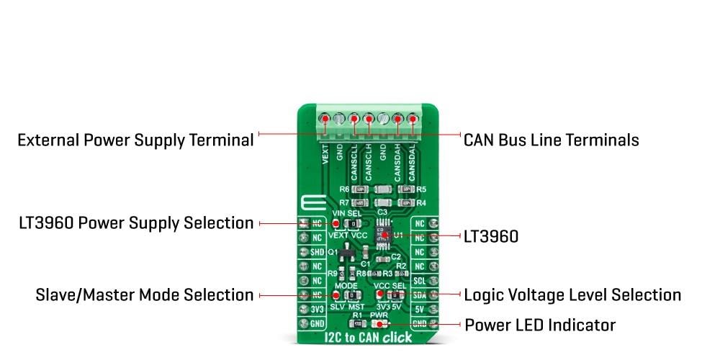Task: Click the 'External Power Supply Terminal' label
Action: coord(135,140)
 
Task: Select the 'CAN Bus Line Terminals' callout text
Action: coord(551,140)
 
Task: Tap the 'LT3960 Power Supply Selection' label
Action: coord(136,223)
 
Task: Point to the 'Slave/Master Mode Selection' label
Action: coord(145,295)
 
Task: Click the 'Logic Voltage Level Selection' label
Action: coord(572,294)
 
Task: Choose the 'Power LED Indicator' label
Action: coord(540,325)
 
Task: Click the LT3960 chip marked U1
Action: coord(383,235)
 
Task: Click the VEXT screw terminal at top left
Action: coord(325,118)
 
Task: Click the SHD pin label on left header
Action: coord(318,252)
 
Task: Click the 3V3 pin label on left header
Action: coord(318,310)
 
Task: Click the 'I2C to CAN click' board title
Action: coord(367,337)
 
